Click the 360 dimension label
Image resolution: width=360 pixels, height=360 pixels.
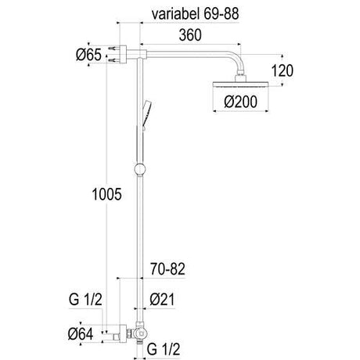click(x=190, y=35)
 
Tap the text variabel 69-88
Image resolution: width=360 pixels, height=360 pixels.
click(x=195, y=14)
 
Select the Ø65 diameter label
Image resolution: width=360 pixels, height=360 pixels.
click(x=88, y=55)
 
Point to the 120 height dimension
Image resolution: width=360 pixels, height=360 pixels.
click(x=283, y=70)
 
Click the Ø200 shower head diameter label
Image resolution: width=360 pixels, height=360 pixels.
click(x=240, y=102)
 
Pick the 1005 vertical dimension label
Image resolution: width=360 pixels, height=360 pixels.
click(x=106, y=194)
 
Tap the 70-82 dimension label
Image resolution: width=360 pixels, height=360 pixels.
click(x=167, y=269)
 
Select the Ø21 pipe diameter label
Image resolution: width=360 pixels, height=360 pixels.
click(x=162, y=300)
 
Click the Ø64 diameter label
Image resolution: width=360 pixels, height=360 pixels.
click(x=81, y=334)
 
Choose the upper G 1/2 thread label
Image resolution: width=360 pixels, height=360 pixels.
click(x=85, y=300)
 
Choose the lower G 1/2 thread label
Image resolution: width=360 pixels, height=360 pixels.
click(x=164, y=349)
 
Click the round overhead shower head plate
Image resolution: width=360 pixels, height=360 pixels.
click(x=240, y=85)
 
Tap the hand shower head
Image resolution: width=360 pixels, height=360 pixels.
click(x=146, y=114)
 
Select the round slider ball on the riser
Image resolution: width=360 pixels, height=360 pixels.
click(x=139, y=169)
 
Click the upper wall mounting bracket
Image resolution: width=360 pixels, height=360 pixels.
click(x=122, y=55)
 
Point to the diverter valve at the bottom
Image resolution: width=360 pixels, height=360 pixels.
click(x=139, y=332)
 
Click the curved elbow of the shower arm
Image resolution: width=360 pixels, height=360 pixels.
click(x=239, y=59)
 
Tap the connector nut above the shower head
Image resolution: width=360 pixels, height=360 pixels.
click(x=240, y=77)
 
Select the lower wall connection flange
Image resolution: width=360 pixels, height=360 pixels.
click(x=122, y=333)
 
